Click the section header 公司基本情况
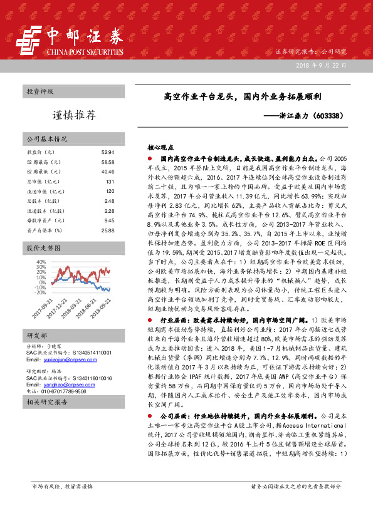coord(47,138)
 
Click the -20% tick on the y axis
coord(41,292)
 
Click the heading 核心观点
coord(160,148)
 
